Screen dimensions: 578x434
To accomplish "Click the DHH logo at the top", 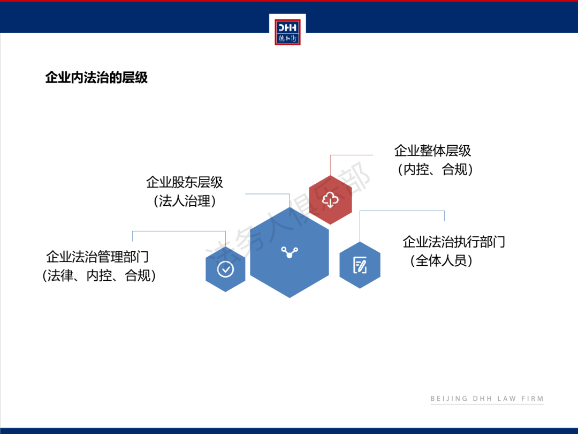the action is pos(287,32).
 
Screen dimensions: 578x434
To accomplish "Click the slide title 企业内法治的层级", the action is pos(96,78).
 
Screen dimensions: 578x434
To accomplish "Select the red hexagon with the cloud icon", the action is pos(330,200).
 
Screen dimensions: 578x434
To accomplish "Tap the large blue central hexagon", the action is pos(290,252).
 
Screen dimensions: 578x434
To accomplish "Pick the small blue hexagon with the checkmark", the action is pos(225,269).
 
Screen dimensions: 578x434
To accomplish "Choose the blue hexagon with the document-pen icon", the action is pos(360,265).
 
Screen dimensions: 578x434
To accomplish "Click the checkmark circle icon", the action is pos(225,269).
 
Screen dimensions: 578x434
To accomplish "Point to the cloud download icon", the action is pos(330,200).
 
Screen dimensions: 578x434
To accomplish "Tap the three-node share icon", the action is pos(290,252).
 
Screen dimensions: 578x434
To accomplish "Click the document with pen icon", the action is pos(360,265).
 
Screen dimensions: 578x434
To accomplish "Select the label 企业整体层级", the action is pos(432,151).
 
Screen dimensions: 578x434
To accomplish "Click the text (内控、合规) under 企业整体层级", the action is pos(435,169).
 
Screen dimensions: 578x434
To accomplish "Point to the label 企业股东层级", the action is pos(184,182).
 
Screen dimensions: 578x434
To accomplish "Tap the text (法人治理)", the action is pos(184,201).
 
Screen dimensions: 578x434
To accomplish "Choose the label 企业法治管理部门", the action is pos(97,257).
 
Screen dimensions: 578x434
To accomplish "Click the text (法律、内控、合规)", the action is pos(99,276).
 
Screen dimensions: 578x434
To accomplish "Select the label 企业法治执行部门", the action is pos(454,242).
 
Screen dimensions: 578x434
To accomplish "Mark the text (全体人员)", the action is pos(441,261).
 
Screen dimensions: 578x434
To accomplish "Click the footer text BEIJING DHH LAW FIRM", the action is pos(487,399).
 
